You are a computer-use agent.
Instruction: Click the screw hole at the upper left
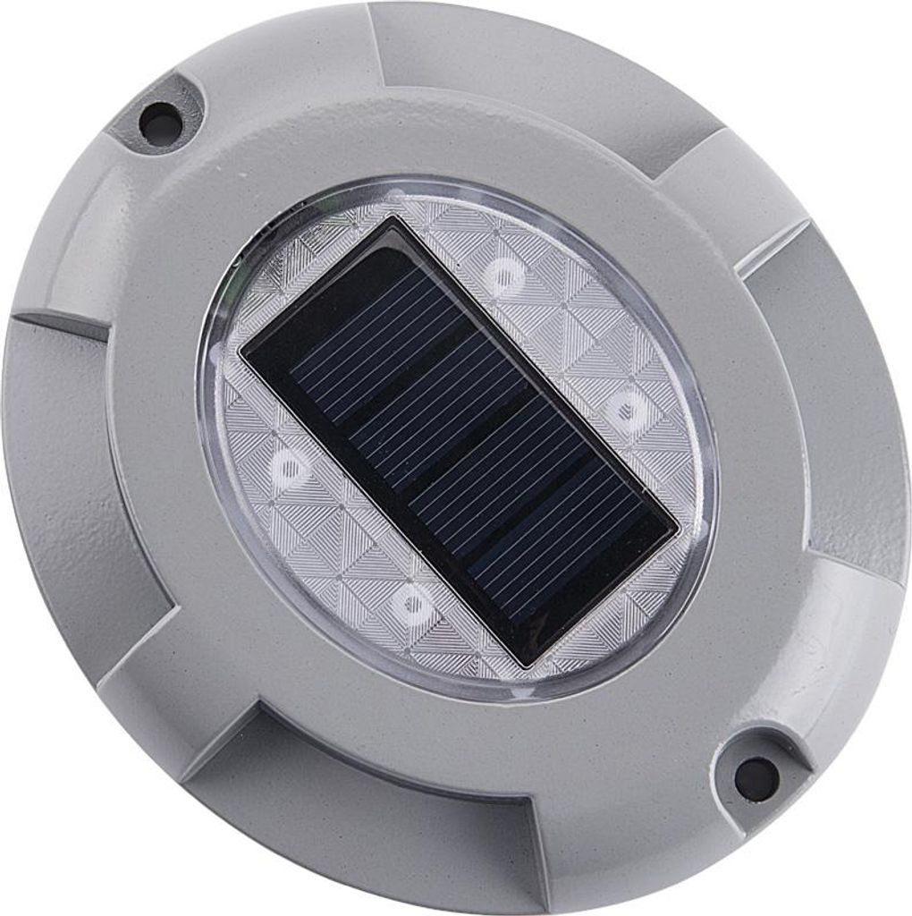[161, 123]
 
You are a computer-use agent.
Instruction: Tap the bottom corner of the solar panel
[528, 666]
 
